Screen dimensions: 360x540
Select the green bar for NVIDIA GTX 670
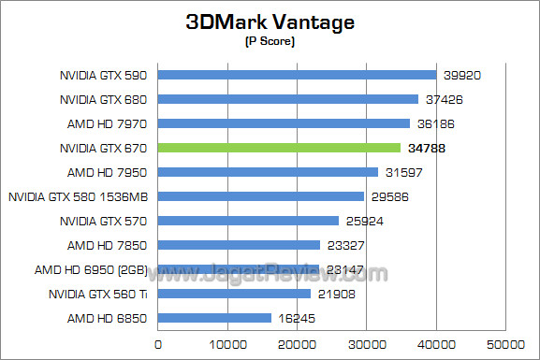[279, 148]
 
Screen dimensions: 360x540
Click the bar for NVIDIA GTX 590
[297, 75]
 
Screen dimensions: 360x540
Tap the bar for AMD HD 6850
[214, 318]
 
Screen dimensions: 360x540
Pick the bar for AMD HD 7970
[284, 123]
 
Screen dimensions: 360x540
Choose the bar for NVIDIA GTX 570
[248, 221]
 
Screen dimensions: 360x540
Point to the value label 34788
[425, 148]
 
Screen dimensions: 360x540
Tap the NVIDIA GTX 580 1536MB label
[80, 196]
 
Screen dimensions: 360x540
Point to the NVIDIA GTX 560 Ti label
[101, 294]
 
